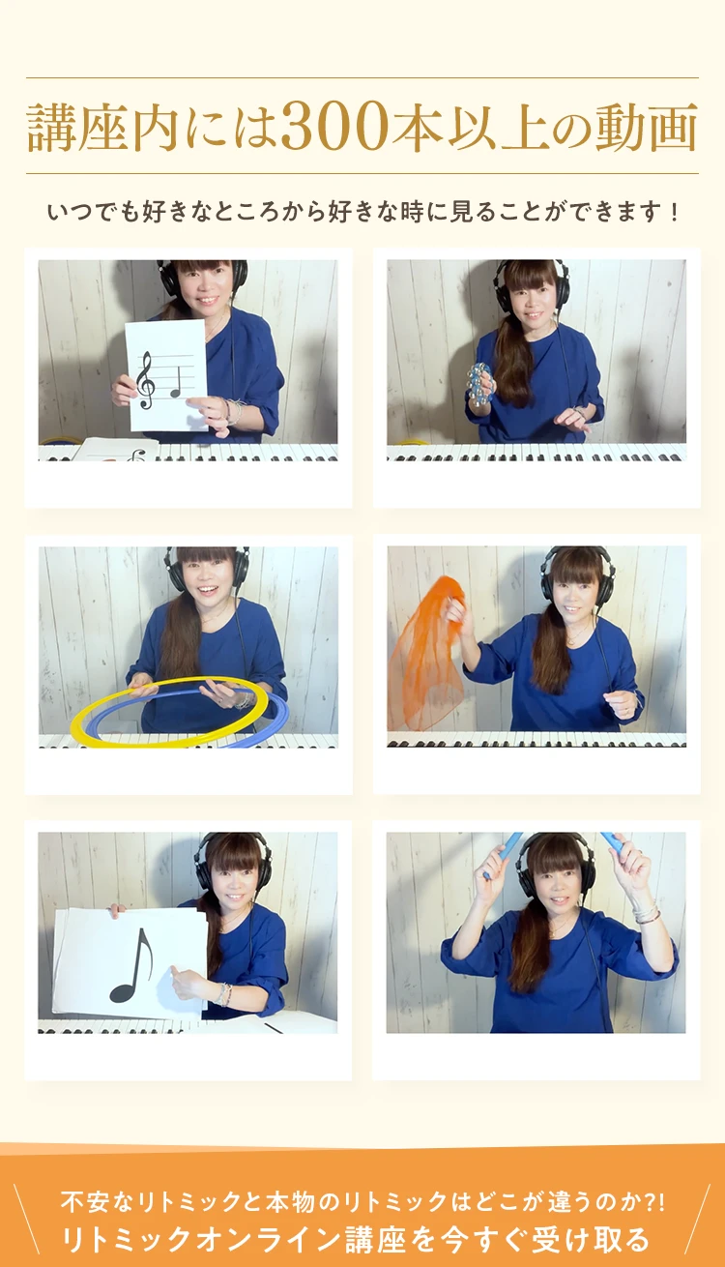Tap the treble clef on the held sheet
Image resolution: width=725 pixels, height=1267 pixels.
coord(145,380)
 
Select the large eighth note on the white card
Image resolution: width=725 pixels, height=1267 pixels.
coord(131,965)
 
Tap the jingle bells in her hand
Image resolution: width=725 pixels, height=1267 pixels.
coord(479,383)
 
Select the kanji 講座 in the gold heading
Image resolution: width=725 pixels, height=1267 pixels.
coord(78,128)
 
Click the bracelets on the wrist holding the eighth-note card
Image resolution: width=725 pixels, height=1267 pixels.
coord(224,995)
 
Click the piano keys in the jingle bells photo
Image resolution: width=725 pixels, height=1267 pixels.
coord(536,453)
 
